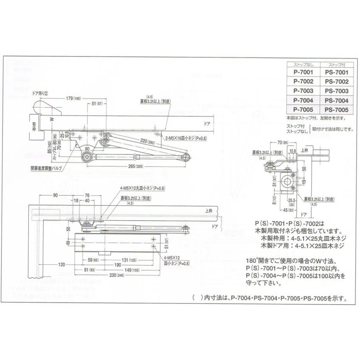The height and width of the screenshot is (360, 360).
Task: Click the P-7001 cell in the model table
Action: coord(303,73)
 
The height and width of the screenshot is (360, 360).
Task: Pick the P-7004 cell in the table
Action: coord(303,100)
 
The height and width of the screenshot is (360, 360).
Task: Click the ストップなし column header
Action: coord(303,64)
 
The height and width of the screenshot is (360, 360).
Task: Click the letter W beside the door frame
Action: coord(51,119)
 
